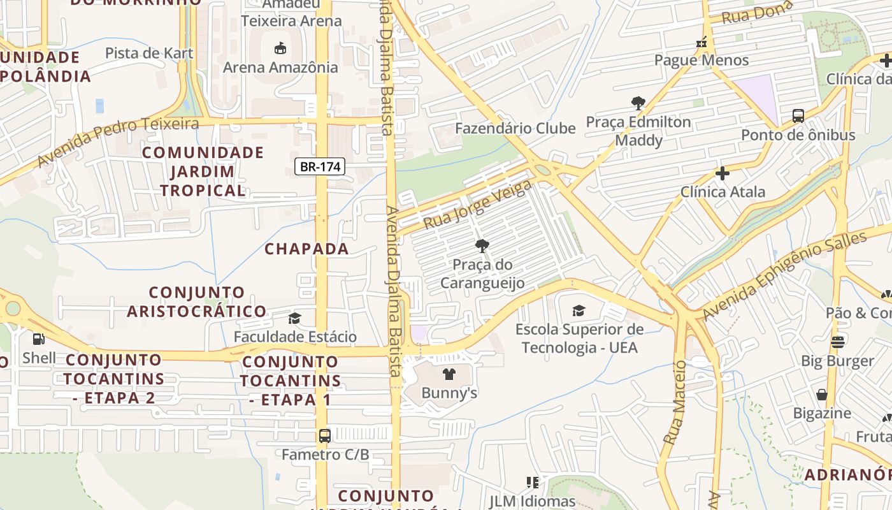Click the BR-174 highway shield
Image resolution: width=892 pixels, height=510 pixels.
pyautogui.click(x=320, y=167)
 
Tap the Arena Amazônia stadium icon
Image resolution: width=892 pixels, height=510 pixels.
pyautogui.click(x=280, y=48)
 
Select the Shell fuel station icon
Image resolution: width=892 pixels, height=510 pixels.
pyautogui.click(x=39, y=339)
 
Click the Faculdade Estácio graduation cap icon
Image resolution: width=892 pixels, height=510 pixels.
pyautogui.click(x=294, y=318)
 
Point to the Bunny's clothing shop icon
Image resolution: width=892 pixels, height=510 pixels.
pyautogui.click(x=449, y=374)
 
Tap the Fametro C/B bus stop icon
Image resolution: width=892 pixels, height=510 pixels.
pyautogui.click(x=325, y=436)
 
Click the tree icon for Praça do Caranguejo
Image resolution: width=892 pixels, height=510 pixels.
pyautogui.click(x=482, y=245)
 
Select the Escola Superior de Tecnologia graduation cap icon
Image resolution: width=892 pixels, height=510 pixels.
pyautogui.click(x=579, y=310)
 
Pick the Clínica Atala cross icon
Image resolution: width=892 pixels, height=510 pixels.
pyautogui.click(x=723, y=173)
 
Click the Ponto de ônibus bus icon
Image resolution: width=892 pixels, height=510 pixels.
pyautogui.click(x=798, y=116)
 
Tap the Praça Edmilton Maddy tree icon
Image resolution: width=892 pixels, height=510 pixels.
pyautogui.click(x=638, y=103)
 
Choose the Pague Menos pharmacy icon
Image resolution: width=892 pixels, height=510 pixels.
pyautogui.click(x=701, y=43)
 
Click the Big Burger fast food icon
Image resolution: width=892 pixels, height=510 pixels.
pyautogui.click(x=837, y=342)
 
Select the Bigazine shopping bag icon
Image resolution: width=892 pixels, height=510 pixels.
pyautogui.click(x=822, y=394)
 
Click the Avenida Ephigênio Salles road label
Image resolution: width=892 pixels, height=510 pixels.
pyautogui.click(x=785, y=275)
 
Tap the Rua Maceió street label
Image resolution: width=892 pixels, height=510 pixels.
pyautogui.click(x=675, y=402)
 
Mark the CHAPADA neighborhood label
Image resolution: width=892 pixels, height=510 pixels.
pyautogui.click(x=306, y=249)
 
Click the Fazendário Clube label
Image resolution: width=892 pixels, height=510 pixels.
pyautogui.click(x=515, y=128)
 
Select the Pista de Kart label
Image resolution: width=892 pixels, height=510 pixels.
pyautogui.click(x=149, y=53)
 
